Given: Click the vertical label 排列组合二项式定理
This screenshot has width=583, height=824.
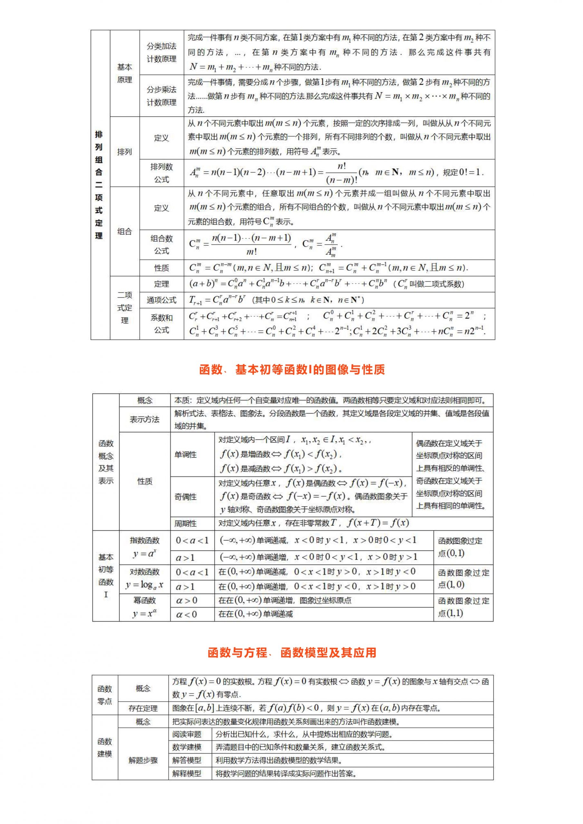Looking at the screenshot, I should [99, 185].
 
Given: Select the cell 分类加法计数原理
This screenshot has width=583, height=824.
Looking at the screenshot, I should [161, 52].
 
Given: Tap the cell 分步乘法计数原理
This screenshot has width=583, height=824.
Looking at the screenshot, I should [161, 96].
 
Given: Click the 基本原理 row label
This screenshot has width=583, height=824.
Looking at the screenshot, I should [124, 73].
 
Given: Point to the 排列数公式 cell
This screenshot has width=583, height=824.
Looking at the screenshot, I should [161, 173].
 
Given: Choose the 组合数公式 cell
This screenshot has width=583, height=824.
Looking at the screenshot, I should [161, 245].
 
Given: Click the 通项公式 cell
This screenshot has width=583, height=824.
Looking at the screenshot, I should [161, 300].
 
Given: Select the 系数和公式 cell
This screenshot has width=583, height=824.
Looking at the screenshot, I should [161, 324].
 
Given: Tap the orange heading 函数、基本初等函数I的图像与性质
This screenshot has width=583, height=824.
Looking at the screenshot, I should [292, 369].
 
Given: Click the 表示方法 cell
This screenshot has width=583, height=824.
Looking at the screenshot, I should [144, 419].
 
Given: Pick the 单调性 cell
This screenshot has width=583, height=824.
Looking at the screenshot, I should [185, 455].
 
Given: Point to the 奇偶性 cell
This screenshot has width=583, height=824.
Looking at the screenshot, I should [185, 497].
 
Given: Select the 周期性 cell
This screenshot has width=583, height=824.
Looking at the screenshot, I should [185, 523].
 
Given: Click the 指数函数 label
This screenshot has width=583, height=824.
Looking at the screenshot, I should [144, 540].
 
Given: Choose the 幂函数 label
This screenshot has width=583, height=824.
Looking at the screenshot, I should [144, 600].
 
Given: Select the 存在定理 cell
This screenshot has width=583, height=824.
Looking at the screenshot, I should [143, 708].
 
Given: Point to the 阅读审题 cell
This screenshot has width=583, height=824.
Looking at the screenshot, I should [187, 734].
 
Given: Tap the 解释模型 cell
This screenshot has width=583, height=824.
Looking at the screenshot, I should [187, 773].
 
